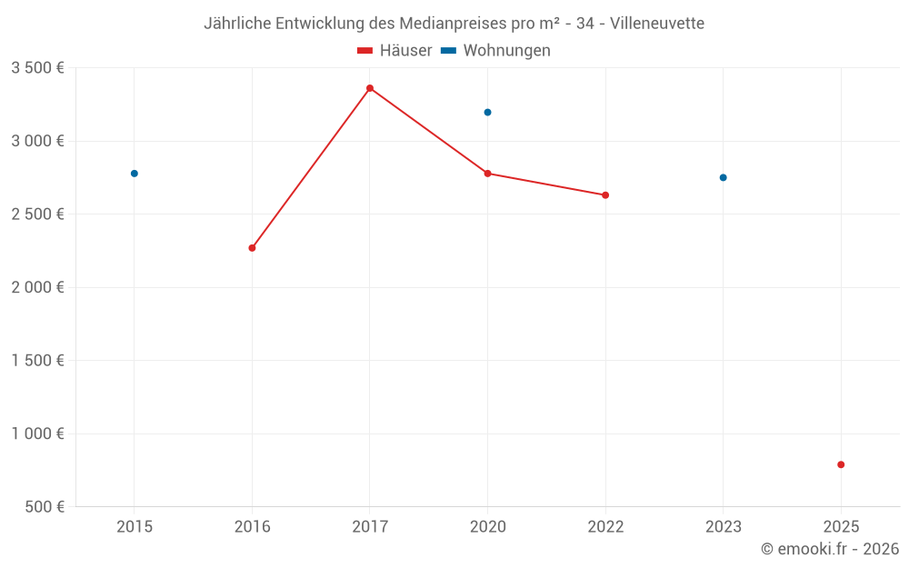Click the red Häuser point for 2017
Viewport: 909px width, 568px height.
[x=370, y=88]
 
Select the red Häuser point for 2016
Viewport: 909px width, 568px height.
[x=252, y=247]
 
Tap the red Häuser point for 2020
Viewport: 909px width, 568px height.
[x=487, y=174]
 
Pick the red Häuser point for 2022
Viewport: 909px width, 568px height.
[x=605, y=195]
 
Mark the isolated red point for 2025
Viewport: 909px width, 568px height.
[x=841, y=464]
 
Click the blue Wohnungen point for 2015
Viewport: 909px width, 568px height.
[x=135, y=174]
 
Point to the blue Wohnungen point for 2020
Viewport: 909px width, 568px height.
[x=487, y=112]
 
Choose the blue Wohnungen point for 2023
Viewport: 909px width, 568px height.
[x=724, y=177]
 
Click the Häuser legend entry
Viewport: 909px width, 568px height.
[x=395, y=51]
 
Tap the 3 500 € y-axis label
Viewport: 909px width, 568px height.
[x=37, y=68]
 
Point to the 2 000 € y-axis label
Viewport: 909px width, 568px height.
[x=37, y=287]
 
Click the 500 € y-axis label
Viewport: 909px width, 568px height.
[x=44, y=507]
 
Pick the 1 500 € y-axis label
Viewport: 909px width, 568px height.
[x=37, y=361]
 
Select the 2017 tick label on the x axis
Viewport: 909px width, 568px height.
[x=370, y=526]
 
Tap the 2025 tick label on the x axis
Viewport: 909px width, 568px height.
[x=841, y=526]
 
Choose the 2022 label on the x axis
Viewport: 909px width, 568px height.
[x=605, y=526]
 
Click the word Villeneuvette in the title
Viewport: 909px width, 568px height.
[x=657, y=24]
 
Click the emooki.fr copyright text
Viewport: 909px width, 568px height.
[x=830, y=549]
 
